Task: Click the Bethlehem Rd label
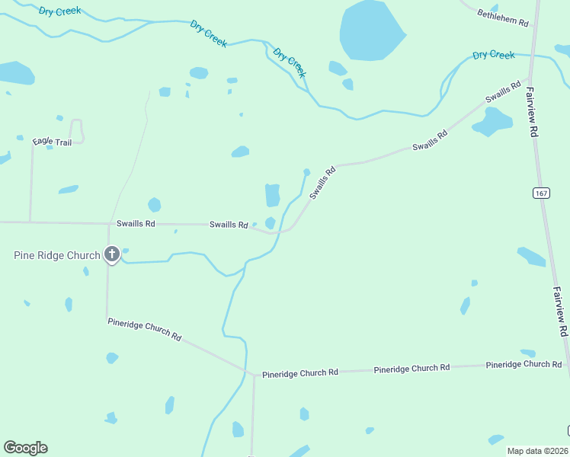point(503,18)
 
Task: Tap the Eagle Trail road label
point(52,142)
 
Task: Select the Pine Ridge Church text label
point(56,255)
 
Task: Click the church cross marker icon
point(112,254)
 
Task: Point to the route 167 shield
point(541,193)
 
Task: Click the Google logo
point(25,448)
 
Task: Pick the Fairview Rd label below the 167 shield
point(560,312)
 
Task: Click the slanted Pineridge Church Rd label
point(144,329)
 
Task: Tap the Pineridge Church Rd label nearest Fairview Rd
point(524,364)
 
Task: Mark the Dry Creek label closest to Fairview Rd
point(493,55)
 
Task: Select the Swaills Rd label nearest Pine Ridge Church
point(136,223)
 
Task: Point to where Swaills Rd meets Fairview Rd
point(530,76)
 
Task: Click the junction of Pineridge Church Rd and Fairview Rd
point(567,364)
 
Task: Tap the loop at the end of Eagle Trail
point(76,129)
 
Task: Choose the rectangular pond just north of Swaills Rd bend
point(272,195)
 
